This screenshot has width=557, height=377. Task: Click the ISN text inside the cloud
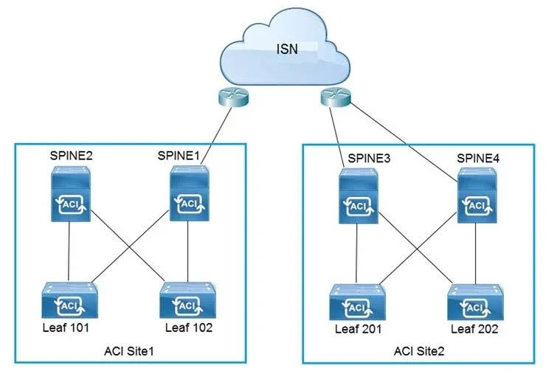pyautogui.click(x=287, y=49)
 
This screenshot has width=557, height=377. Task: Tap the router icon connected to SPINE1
pyautogui.click(x=233, y=97)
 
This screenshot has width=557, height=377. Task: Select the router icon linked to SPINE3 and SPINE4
pyautogui.click(x=336, y=97)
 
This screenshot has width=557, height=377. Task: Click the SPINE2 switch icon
pyautogui.click(x=71, y=194)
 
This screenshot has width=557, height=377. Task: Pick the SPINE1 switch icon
pyautogui.click(x=190, y=193)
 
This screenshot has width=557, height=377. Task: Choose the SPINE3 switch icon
pyautogui.click(x=359, y=196)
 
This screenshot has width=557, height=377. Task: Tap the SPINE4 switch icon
pyautogui.click(x=477, y=195)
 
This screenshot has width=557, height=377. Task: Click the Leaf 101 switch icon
pyautogui.click(x=69, y=300)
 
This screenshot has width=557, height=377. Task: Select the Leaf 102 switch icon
pyautogui.click(x=188, y=300)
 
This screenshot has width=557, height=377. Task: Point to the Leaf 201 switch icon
pyautogui.click(x=357, y=302)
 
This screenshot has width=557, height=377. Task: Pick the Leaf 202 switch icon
pyautogui.click(x=476, y=302)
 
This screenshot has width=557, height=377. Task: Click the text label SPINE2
pyautogui.click(x=71, y=156)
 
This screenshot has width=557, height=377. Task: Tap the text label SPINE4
pyautogui.click(x=478, y=158)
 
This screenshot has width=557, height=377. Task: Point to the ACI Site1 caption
pyautogui.click(x=129, y=351)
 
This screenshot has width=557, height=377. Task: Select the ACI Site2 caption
pyautogui.click(x=419, y=351)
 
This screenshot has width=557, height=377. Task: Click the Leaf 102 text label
pyautogui.click(x=189, y=328)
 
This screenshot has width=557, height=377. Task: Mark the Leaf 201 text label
pyautogui.click(x=359, y=329)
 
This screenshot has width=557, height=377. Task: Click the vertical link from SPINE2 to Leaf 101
pyautogui.click(x=69, y=252)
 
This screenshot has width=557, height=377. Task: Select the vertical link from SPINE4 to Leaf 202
pyautogui.click(x=476, y=254)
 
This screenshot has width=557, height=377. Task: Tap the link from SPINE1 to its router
pyautogui.click(x=216, y=136)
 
